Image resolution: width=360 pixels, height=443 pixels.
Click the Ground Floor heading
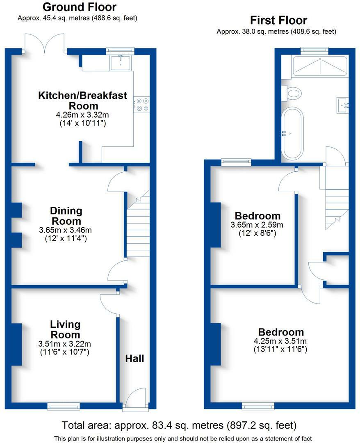(80, 7)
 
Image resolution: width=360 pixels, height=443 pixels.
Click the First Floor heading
(278, 21)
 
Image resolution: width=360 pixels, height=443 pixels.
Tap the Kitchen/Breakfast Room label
(83, 100)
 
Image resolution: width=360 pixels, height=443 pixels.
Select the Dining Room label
(66, 216)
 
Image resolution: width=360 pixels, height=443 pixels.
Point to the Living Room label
(65, 329)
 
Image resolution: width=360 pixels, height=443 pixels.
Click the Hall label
(134, 359)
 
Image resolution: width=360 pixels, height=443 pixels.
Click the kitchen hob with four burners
(142, 104)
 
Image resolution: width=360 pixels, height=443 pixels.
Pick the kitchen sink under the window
(121, 63)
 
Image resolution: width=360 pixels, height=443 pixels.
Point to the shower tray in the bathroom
(320, 66)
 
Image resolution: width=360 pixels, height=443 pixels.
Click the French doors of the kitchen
(45, 43)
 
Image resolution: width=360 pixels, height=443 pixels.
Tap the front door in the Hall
(135, 398)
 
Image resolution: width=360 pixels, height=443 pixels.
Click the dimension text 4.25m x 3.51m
(280, 341)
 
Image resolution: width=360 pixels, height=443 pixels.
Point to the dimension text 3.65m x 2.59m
(257, 225)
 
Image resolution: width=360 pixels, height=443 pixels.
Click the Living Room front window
(64, 406)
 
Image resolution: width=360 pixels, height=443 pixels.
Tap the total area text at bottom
(179, 425)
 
